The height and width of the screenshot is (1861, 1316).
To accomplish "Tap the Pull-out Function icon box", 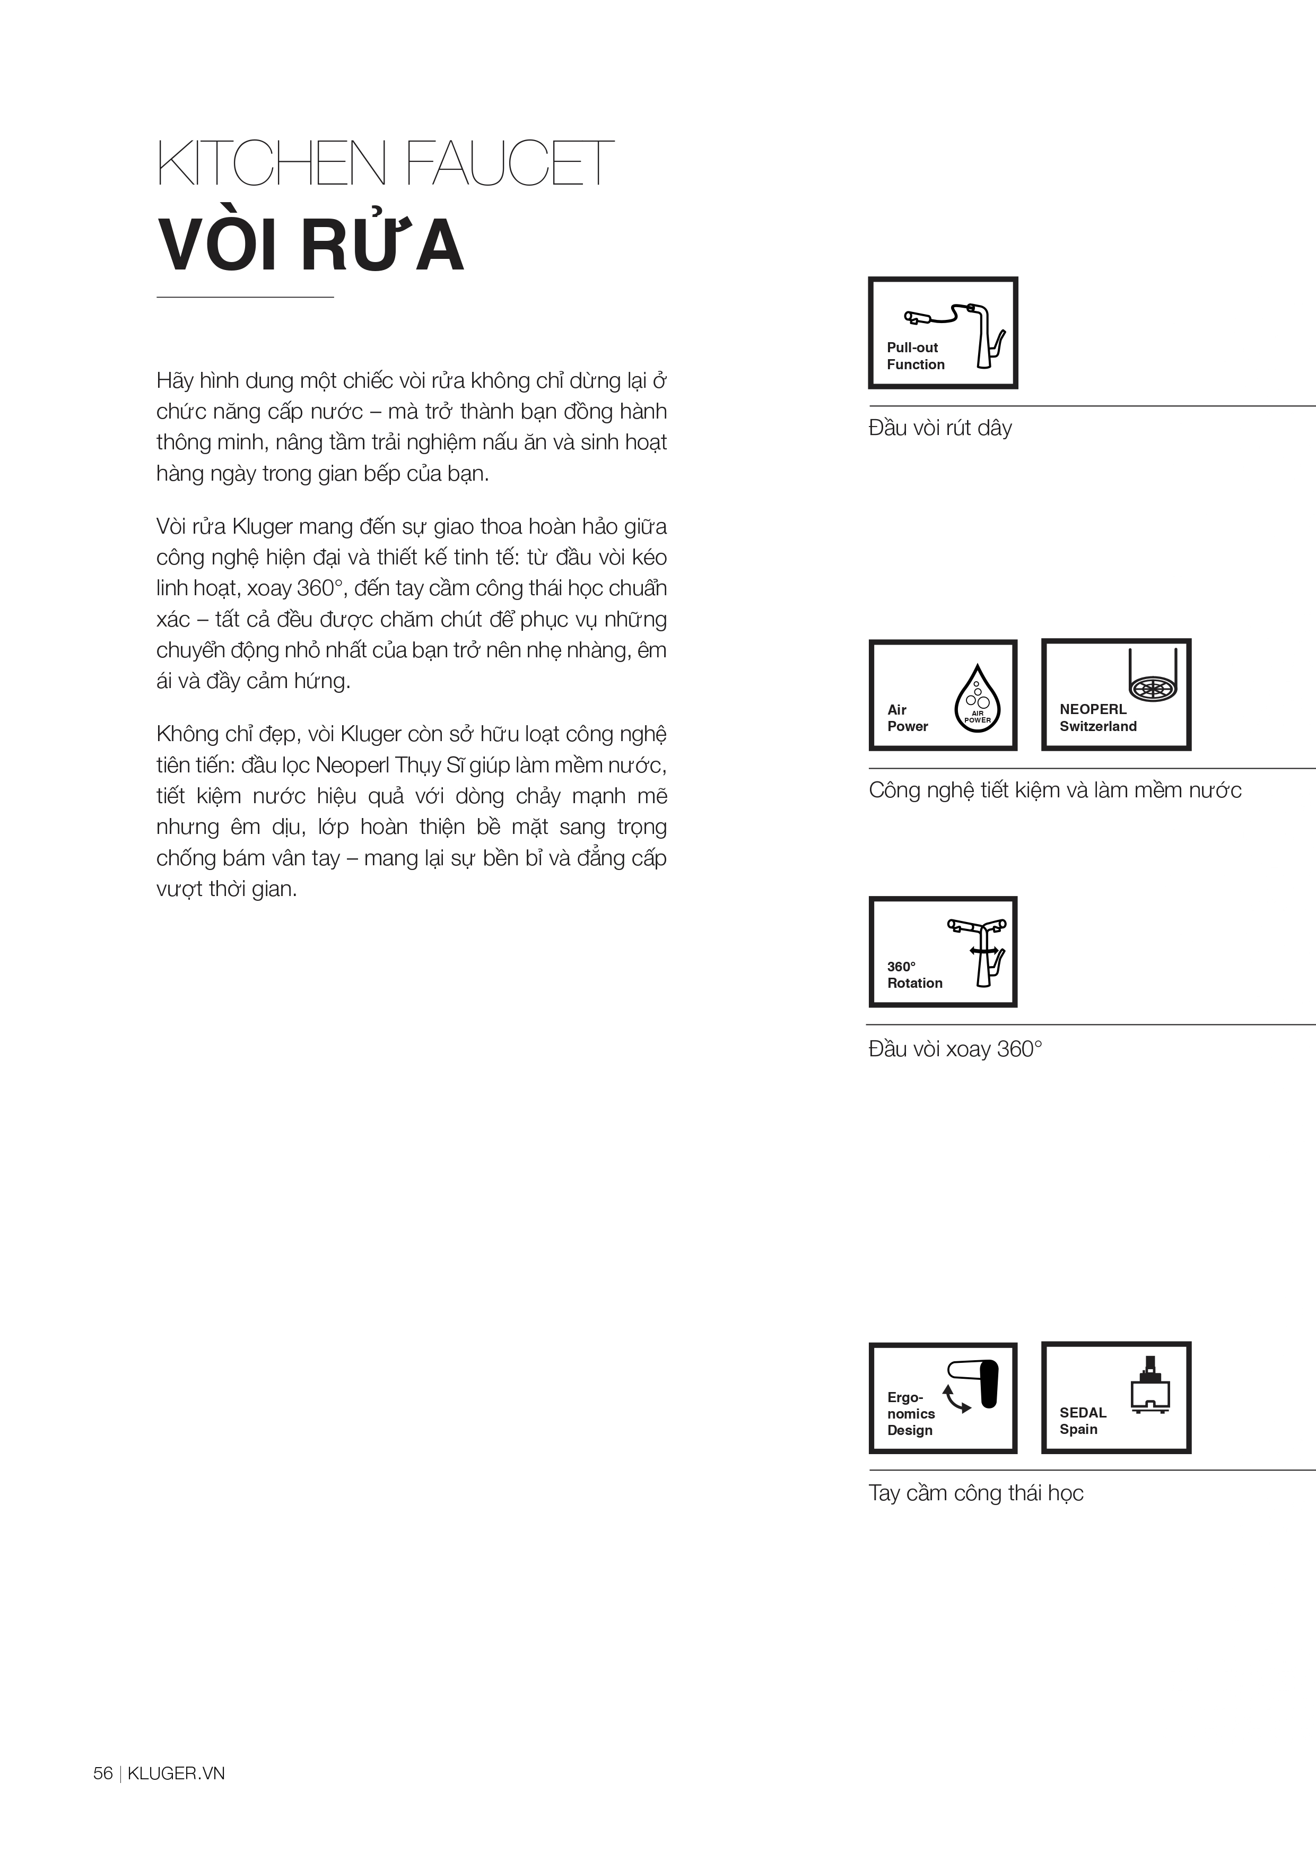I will click(943, 333).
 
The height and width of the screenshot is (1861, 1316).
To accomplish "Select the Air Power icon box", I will click(943, 695).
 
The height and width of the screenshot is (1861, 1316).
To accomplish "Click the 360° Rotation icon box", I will click(943, 952).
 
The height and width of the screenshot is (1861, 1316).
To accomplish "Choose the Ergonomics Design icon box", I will click(943, 1397).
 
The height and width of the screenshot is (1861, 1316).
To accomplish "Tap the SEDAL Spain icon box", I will click(1116, 1397).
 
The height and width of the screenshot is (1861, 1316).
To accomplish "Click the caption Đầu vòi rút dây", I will click(940, 428).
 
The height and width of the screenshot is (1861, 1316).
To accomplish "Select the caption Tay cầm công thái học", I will click(975, 1493).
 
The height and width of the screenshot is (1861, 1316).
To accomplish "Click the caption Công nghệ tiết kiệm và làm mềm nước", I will click(1054, 790).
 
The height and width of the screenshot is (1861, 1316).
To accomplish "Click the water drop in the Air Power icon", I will click(977, 698).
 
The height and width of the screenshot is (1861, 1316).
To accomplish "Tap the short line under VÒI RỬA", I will click(245, 298).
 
